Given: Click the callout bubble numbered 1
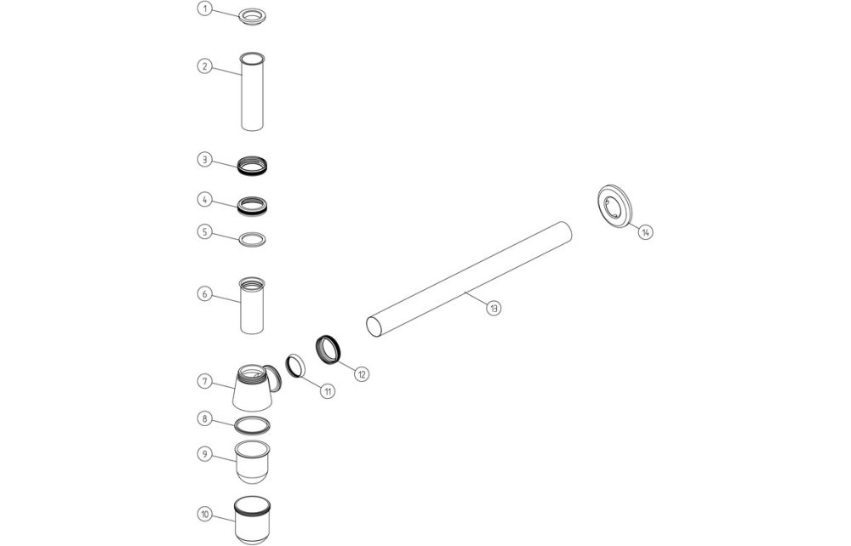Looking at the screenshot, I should click(203, 9).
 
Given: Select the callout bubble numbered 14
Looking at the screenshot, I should click(646, 231).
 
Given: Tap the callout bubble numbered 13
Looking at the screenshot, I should click(494, 308).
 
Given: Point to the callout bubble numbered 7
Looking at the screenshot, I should click(203, 381).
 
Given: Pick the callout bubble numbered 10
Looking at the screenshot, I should click(203, 514).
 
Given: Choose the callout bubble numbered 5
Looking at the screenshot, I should click(203, 230).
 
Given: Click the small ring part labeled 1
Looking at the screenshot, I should click(252, 16).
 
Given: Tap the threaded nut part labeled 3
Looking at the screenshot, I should click(252, 163).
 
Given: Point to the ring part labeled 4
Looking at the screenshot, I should click(252, 205).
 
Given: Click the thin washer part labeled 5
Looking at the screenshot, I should click(252, 239).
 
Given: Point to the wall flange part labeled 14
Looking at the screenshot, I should click(614, 207).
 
